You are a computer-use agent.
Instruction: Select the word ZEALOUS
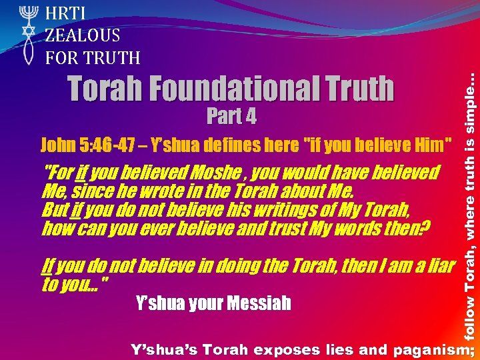(83, 35)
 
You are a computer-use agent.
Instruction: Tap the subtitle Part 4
(231, 117)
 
